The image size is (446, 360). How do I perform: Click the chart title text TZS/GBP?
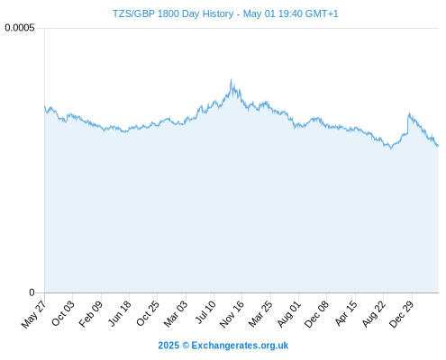click(133, 13)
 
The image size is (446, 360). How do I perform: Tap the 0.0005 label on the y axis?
click(20, 28)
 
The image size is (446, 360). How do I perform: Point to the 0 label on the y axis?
click(32, 292)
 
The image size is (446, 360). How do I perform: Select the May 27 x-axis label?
click(33, 314)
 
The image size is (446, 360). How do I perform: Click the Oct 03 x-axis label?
click(63, 313)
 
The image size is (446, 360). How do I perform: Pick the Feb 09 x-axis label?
click(91, 313)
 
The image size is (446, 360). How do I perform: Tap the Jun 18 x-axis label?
click(120, 313)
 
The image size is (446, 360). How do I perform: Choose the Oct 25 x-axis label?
click(148, 313)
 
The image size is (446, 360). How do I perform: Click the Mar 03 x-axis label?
click(176, 313)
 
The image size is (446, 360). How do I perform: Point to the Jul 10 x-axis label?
click(205, 312)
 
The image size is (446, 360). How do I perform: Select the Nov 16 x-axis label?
click(232, 314)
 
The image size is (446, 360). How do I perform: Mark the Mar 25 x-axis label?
click(260, 313)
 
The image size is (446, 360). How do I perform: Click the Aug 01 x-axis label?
click(289, 313)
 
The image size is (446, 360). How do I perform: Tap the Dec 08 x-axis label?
click(316, 314)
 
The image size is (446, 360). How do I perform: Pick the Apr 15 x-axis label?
click(346, 313)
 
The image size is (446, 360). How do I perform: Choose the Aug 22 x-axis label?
click(374, 313)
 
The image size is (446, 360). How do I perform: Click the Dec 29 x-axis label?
click(402, 314)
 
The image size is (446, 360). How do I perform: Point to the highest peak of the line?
click(231, 79)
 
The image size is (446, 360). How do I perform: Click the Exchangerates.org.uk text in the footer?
click(240, 346)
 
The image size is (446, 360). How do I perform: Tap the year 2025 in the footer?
click(168, 346)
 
